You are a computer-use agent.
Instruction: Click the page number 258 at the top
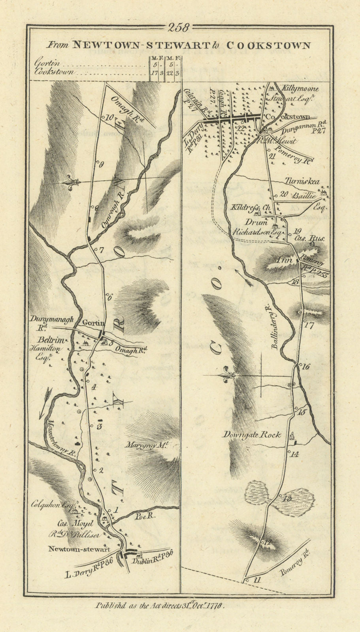[x=179, y=28]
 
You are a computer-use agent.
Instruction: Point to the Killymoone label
[x=295, y=89]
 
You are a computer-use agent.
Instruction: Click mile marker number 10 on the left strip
[x=109, y=117]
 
